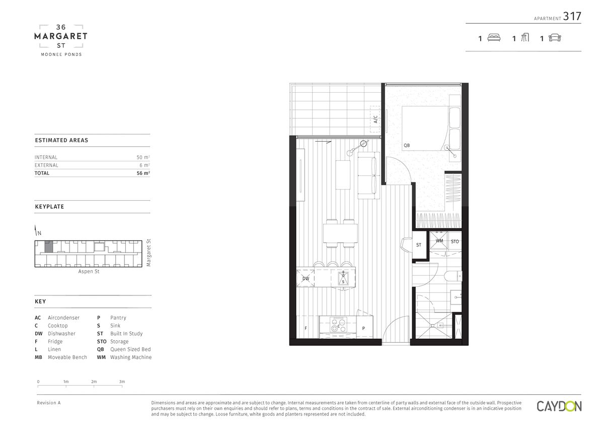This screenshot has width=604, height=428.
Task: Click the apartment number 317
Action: click(x=572, y=16)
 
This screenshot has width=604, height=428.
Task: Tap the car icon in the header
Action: click(x=555, y=38)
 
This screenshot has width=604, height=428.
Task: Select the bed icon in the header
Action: click(x=494, y=37)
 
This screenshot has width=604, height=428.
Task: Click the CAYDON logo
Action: click(x=559, y=406)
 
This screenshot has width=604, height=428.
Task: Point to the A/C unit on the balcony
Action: click(x=375, y=119)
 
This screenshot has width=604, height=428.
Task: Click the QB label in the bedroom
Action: click(x=407, y=145)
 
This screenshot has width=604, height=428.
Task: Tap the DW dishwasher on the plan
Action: click(x=306, y=278)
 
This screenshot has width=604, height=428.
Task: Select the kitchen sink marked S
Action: click(x=343, y=278)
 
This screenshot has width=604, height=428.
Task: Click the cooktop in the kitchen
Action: click(x=338, y=325)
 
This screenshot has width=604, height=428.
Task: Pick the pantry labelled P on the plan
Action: click(x=364, y=327)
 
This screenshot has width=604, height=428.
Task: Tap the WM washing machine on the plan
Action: click(x=439, y=240)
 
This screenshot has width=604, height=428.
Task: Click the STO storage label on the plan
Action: click(x=455, y=241)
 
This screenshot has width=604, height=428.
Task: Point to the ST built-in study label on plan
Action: click(x=418, y=245)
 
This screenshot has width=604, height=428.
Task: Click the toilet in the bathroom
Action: click(x=452, y=276)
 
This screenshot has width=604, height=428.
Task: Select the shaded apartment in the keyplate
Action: click(x=48, y=247)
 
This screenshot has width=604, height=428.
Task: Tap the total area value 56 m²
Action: click(x=143, y=173)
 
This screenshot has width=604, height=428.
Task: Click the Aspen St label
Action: click(x=89, y=271)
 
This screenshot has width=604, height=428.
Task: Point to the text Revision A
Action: click(x=49, y=403)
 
